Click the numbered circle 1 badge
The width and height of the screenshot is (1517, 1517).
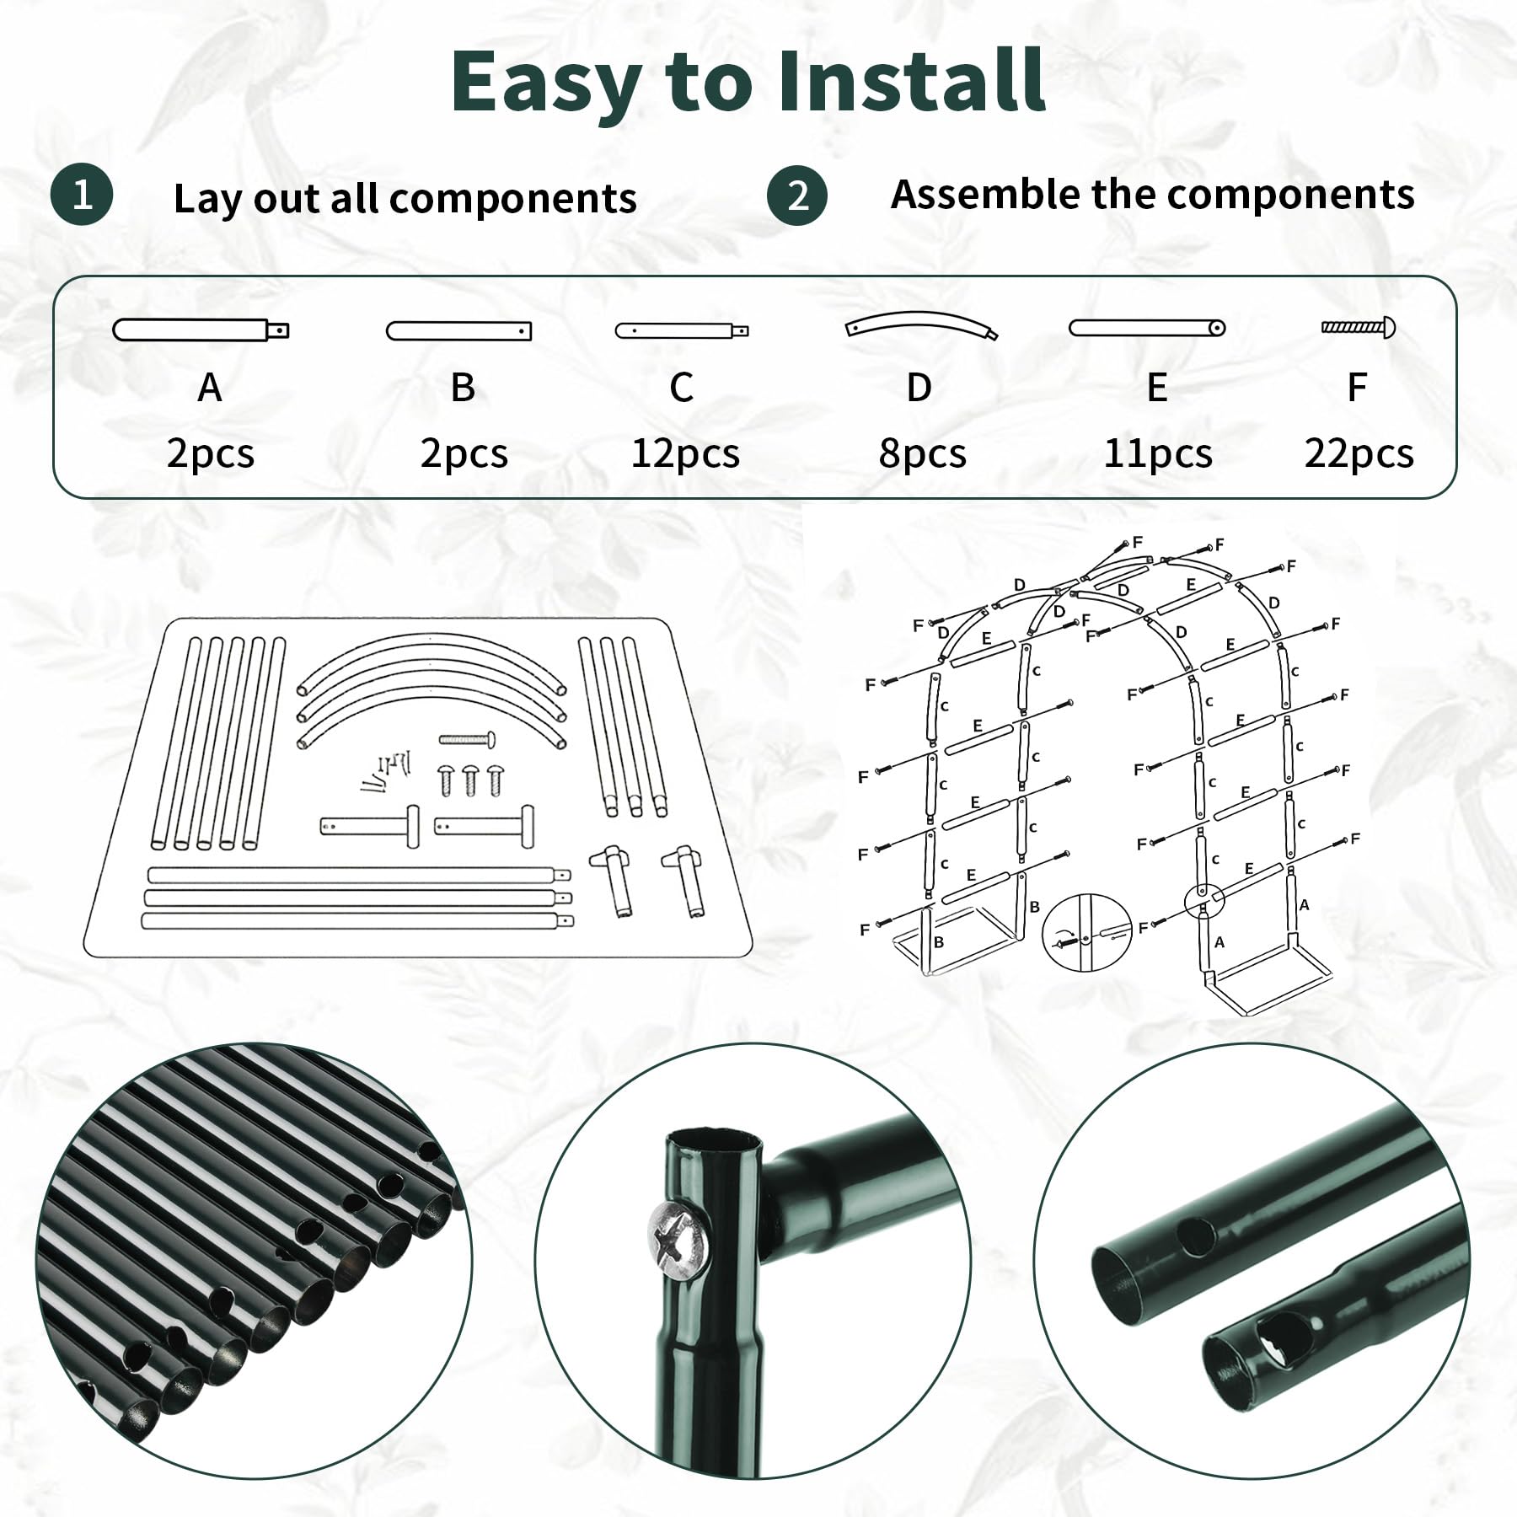click(x=82, y=196)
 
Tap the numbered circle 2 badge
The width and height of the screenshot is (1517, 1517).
click(x=797, y=196)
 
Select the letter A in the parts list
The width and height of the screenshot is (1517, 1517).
click(x=210, y=388)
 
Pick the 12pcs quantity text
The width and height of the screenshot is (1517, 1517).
click(x=685, y=454)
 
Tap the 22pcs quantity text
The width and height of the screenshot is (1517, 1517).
click(x=1359, y=454)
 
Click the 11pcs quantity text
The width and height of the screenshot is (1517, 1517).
click(x=1158, y=454)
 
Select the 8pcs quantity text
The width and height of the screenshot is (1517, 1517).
click(x=922, y=454)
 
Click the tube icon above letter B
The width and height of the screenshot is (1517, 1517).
click(x=459, y=331)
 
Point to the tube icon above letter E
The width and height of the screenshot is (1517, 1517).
click(x=1147, y=327)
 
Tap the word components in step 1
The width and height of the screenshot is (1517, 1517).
click(x=513, y=199)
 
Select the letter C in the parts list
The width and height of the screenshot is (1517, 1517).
click(x=681, y=388)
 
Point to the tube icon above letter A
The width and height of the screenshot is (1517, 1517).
click(x=201, y=329)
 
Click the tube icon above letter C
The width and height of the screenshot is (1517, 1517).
click(x=682, y=331)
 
